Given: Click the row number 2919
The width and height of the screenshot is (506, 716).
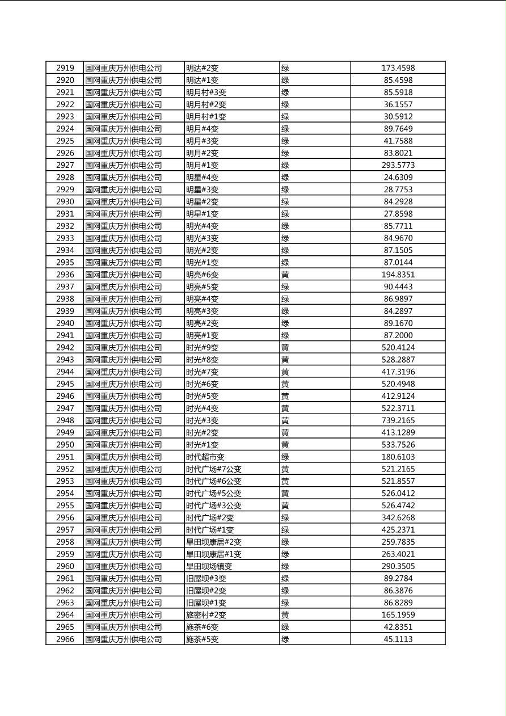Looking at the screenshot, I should point(65,68).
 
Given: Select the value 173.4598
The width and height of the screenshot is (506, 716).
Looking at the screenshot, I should point(398,68).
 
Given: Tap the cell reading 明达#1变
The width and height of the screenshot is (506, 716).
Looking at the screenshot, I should point(202,80).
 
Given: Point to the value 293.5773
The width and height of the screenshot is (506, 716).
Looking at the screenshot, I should point(398,165).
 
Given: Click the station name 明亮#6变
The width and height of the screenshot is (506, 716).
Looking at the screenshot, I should point(202,275).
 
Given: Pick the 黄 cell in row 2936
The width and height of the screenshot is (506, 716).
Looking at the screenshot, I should point(285,275).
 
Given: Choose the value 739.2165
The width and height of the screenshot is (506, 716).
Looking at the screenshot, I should point(398,420).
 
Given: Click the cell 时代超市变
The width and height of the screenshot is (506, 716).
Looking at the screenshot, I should point(205,457).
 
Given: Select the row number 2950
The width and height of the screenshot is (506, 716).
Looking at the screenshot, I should point(65,445).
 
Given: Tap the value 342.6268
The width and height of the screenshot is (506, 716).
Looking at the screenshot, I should point(398,517).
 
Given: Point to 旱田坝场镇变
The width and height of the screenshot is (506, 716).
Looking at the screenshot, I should point(209,566).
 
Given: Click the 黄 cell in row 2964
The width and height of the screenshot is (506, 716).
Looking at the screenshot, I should point(285,615).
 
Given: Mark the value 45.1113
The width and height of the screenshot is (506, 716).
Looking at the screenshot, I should point(398,639).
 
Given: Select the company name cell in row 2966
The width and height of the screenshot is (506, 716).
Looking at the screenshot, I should point(124,639).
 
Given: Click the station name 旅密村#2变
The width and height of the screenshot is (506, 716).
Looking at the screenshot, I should point(206,615).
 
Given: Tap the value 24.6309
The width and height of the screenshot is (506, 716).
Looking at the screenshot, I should point(398,178).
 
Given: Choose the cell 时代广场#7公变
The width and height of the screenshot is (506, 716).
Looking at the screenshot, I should point(214,469).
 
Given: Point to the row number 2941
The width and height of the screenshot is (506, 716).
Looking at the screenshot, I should point(65,335).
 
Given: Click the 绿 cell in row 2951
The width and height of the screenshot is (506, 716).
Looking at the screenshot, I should point(285,457).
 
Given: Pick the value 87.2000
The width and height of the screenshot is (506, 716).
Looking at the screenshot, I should point(398,335).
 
